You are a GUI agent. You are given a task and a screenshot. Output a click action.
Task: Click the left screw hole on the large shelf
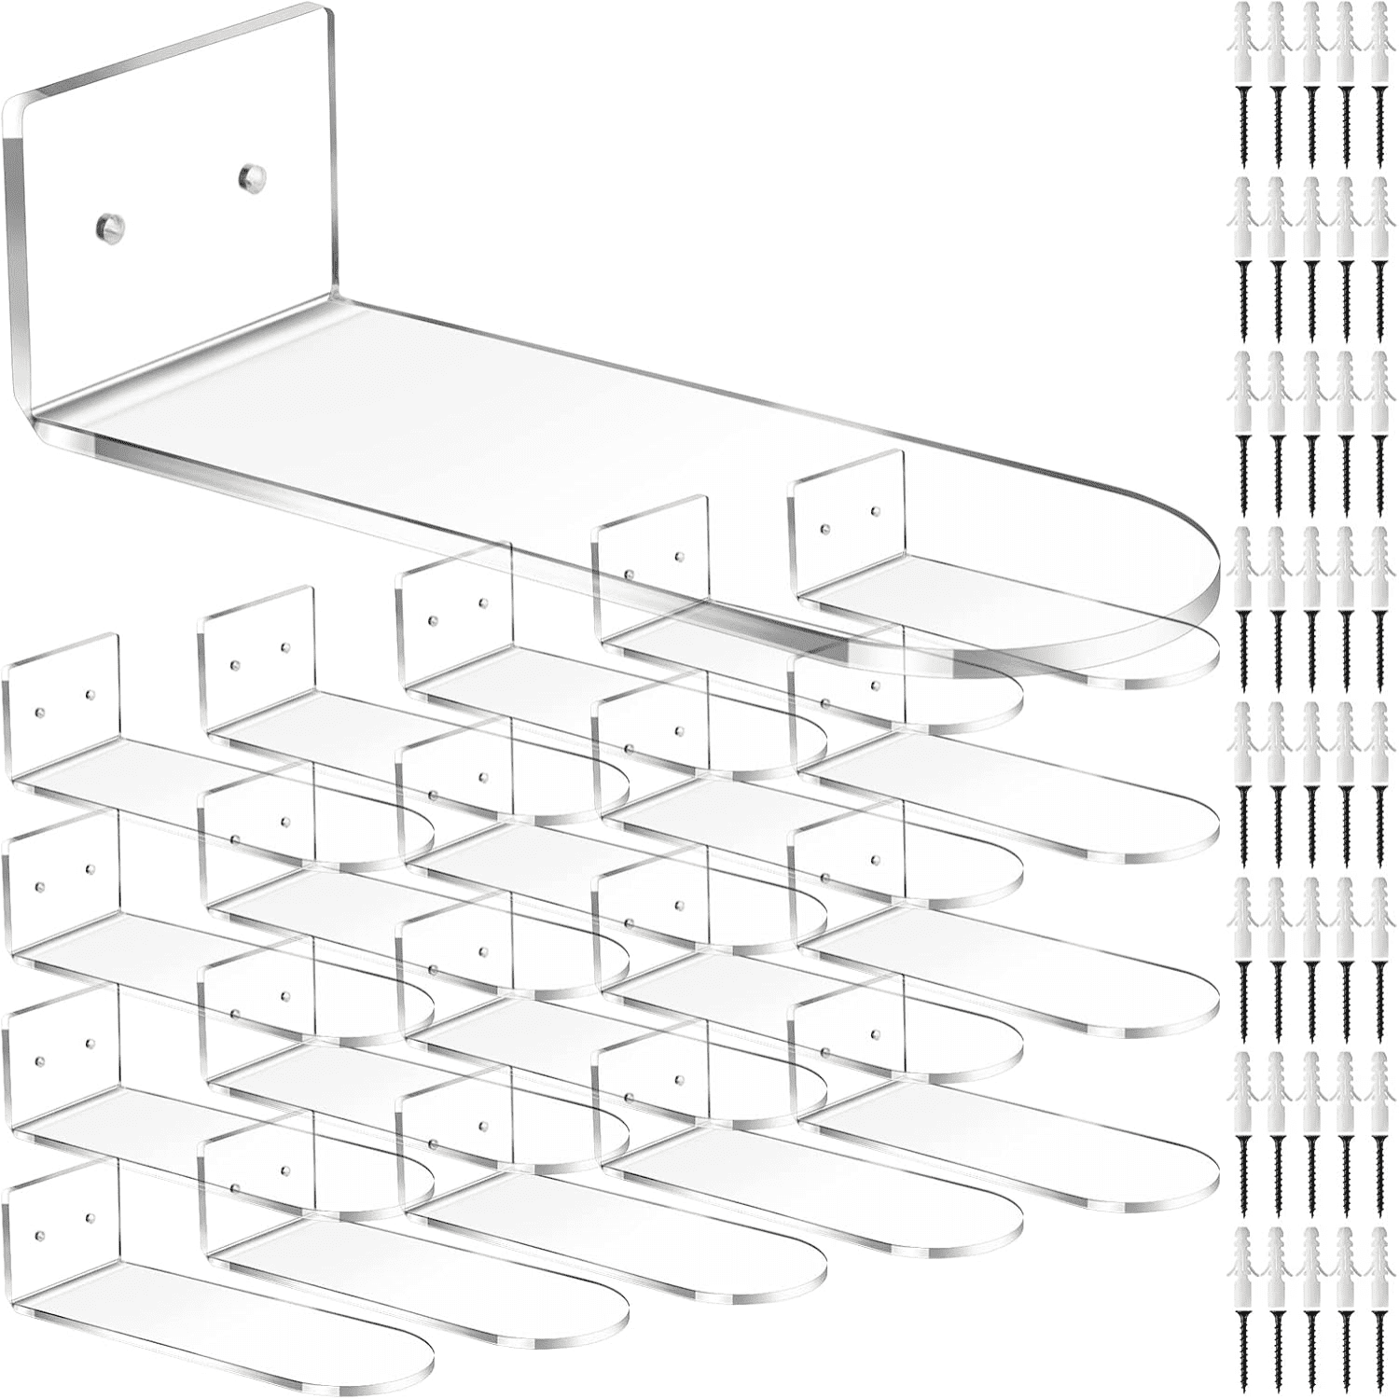(x=105, y=225)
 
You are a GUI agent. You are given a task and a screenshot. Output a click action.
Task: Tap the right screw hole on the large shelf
(x=248, y=173)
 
